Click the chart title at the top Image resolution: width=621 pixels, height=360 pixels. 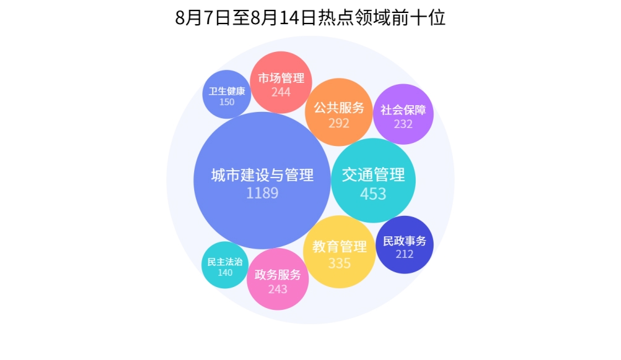pyautogui.click(x=310, y=18)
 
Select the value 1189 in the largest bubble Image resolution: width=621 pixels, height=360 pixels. pyautogui.click(x=262, y=193)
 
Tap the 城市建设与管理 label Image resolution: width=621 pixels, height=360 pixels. pyautogui.click(x=262, y=175)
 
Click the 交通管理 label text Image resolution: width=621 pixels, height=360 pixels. pyautogui.click(x=373, y=174)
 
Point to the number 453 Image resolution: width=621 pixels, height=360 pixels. pyautogui.click(x=373, y=194)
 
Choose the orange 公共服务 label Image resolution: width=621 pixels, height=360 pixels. pyautogui.click(x=339, y=108)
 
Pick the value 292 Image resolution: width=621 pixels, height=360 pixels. pyautogui.click(x=339, y=124)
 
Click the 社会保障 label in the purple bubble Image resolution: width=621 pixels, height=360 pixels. pyautogui.click(x=403, y=110)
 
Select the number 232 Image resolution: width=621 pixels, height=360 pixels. pyautogui.click(x=403, y=124)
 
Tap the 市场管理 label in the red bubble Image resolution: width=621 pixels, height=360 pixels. pyautogui.click(x=281, y=78)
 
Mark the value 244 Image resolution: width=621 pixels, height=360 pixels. pyautogui.click(x=281, y=92)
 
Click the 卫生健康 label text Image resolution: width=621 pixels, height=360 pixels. pyautogui.click(x=227, y=91)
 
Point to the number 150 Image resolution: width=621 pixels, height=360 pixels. pyautogui.click(x=227, y=102)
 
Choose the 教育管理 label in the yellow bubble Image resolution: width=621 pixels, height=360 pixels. pyautogui.click(x=340, y=247)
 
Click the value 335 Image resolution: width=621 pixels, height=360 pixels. pyautogui.click(x=340, y=264)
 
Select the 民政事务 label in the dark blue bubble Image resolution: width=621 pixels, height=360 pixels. pyautogui.click(x=405, y=241)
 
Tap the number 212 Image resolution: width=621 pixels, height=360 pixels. pyautogui.click(x=405, y=254)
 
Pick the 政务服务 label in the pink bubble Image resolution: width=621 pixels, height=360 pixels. pyautogui.click(x=278, y=275)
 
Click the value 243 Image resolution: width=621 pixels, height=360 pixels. pyautogui.click(x=278, y=289)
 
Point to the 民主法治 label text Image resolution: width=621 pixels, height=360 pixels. pyautogui.click(x=225, y=262)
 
